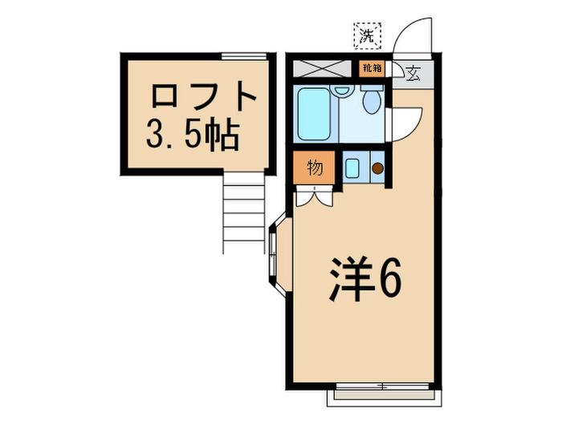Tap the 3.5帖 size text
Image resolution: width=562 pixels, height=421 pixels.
click(x=192, y=136)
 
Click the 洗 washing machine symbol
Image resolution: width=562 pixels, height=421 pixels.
click(x=368, y=35)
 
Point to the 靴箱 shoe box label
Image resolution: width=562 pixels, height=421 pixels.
click(x=371, y=69)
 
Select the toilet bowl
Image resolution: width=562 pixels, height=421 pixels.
click(x=371, y=101)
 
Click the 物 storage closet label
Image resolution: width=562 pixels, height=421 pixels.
click(x=315, y=168)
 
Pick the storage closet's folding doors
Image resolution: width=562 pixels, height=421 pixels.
click(x=314, y=196)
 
